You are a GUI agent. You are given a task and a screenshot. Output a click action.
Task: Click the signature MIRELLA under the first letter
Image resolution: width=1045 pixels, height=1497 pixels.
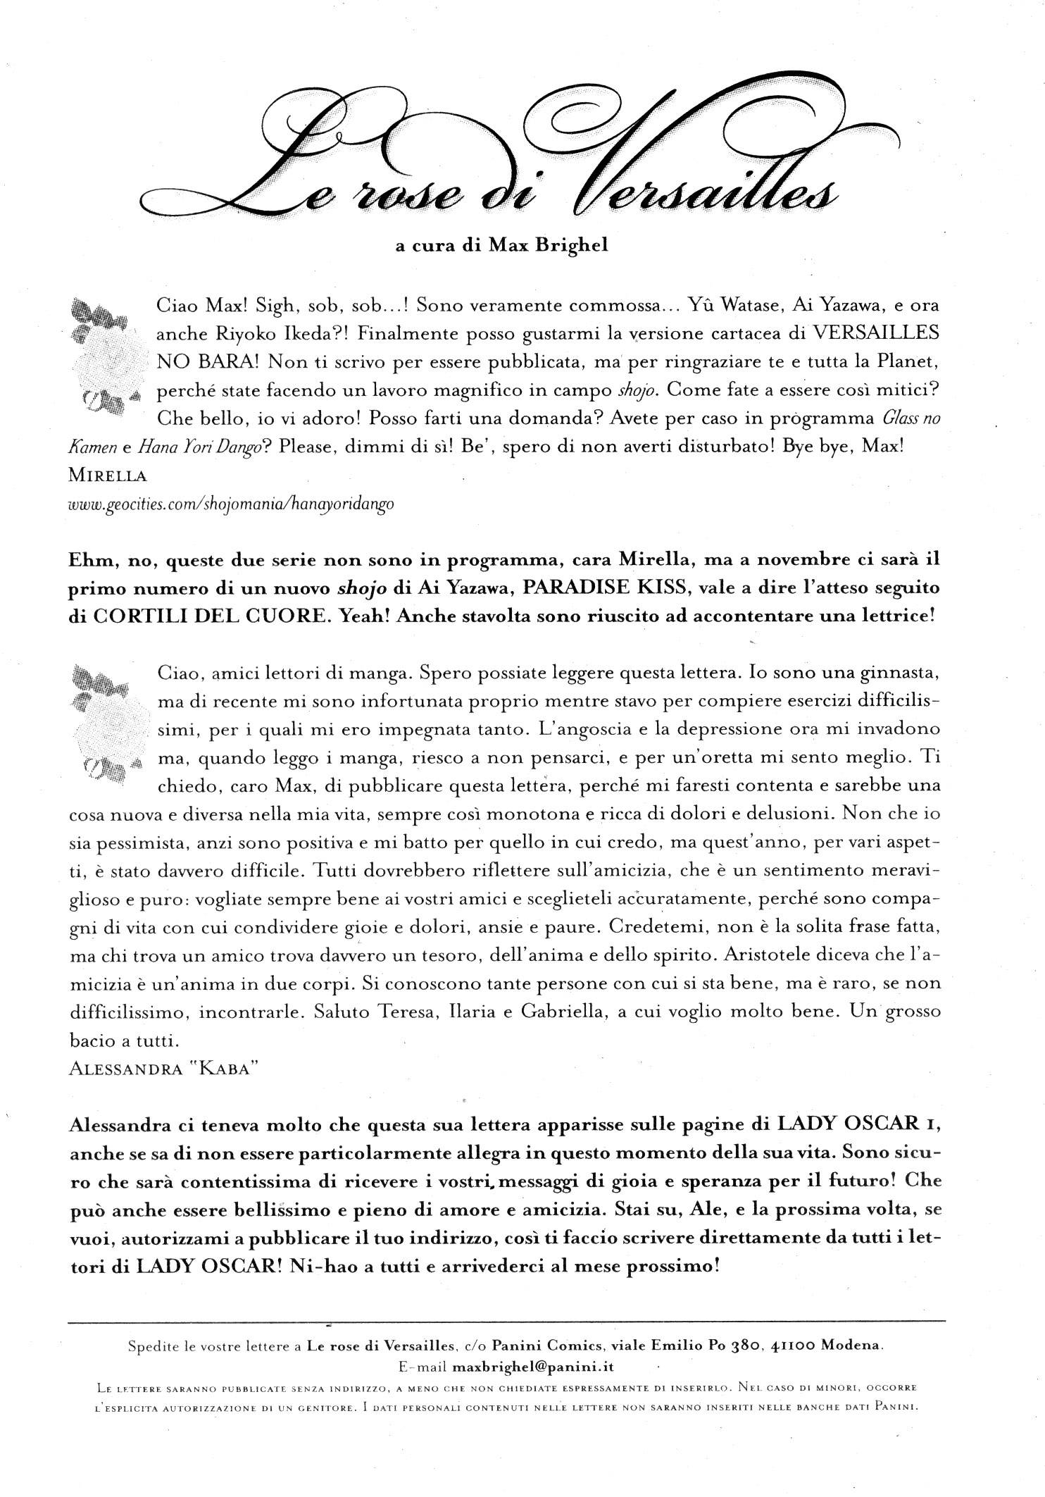tap(108, 476)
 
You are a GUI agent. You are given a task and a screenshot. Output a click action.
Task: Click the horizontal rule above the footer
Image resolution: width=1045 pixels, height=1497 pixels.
tap(507, 1321)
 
